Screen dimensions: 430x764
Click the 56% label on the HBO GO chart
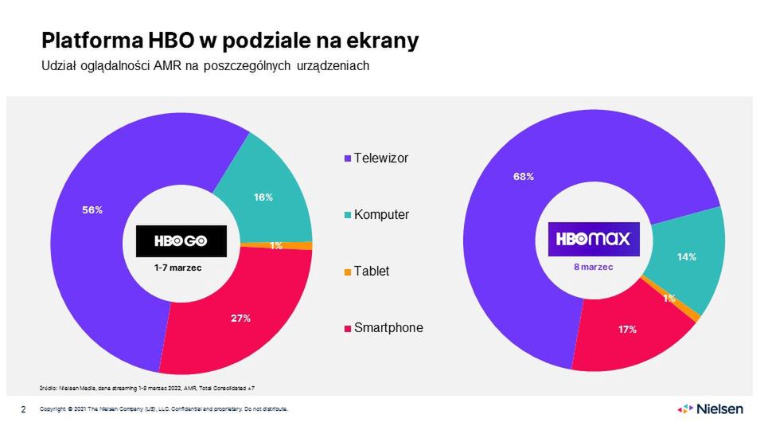pos(93,209)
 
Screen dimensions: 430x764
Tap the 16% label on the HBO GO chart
pos(263,197)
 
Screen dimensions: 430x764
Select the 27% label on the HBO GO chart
pos(241,318)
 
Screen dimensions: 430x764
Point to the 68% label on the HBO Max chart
pos(523,177)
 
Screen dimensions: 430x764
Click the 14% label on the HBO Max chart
pos(687,256)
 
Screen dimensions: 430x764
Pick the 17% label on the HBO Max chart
pos(627,329)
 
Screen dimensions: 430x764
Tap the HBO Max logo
pos(594,239)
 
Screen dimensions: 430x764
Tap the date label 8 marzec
pos(594,268)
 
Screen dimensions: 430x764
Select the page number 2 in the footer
pos(23,409)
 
